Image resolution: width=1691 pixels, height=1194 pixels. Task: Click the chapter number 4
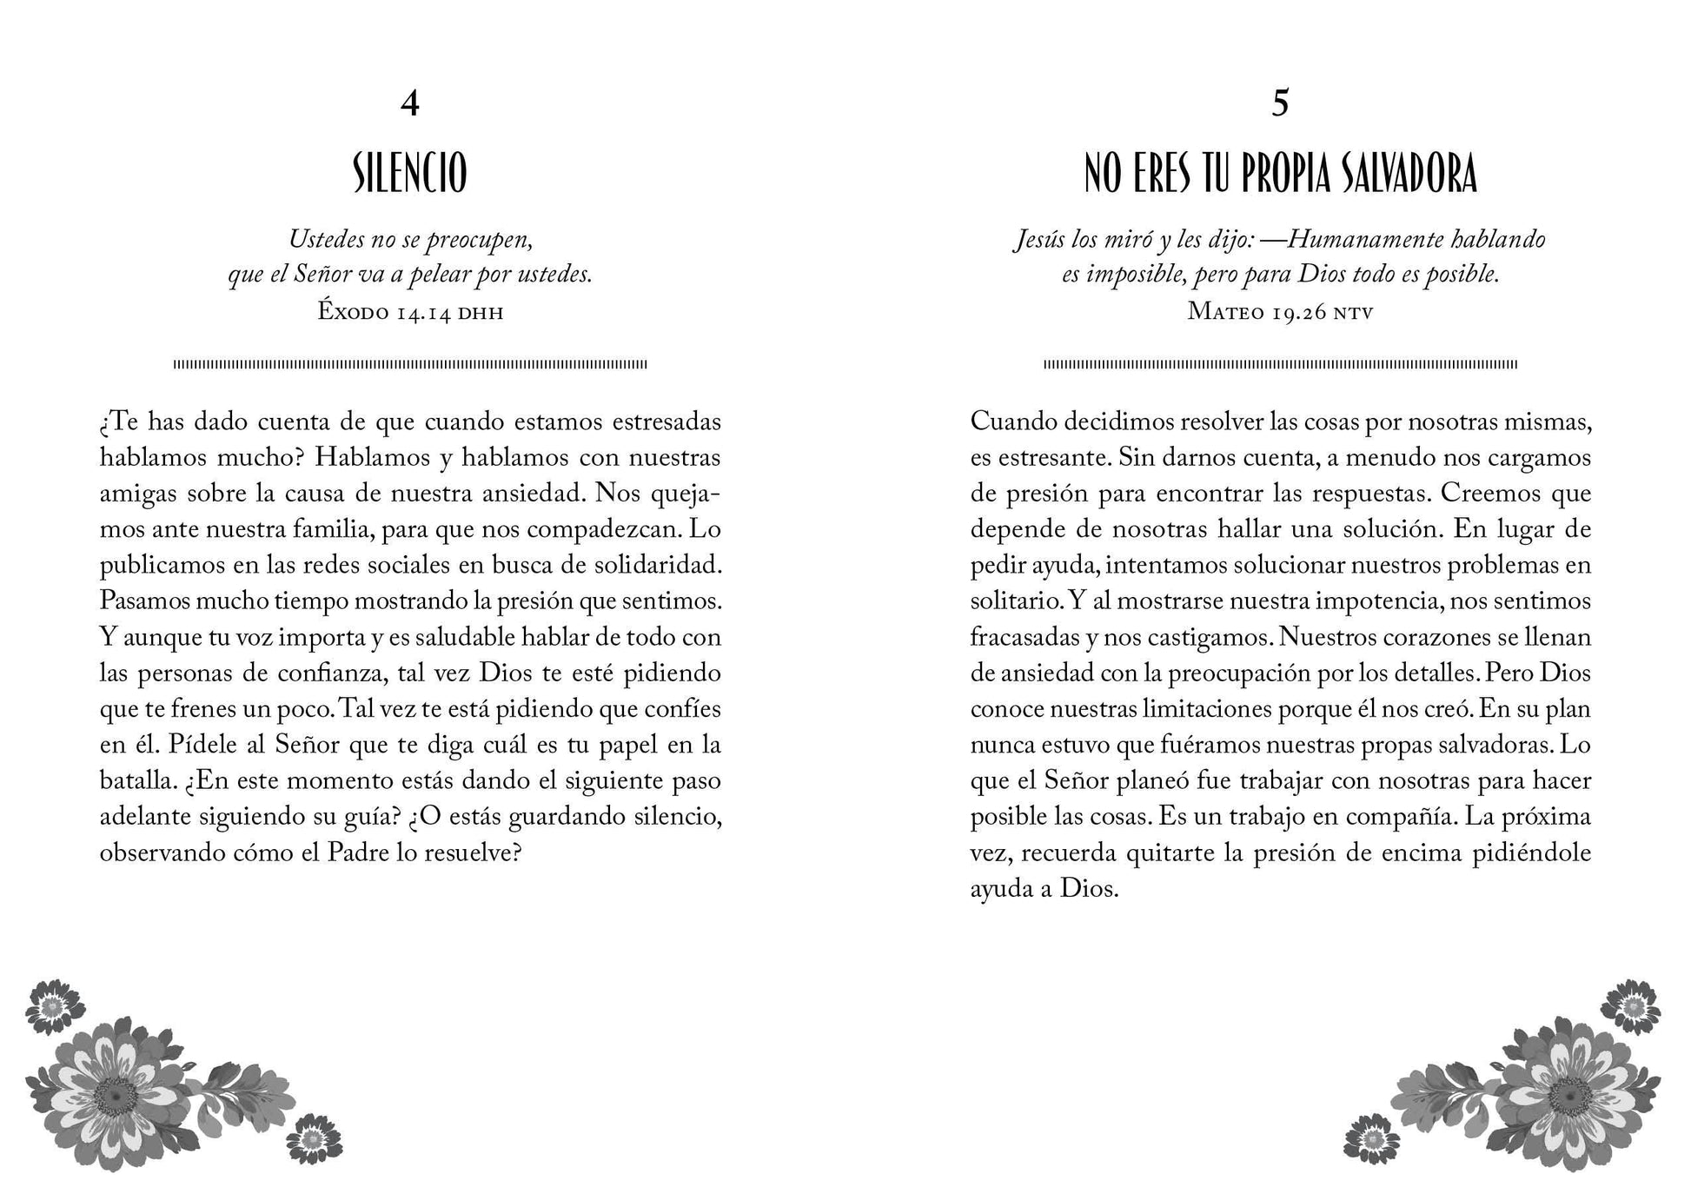410,103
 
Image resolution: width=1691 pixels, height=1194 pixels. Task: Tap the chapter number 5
1280,103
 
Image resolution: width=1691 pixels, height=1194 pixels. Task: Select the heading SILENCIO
410,174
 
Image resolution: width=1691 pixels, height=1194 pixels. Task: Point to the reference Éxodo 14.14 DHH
410,312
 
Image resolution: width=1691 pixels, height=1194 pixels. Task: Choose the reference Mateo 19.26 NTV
1280,312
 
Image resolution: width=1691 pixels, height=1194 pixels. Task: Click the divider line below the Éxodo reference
410,365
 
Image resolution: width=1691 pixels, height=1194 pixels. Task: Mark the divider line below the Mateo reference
1280,365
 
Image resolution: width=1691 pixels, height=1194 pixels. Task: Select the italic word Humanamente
1356,240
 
